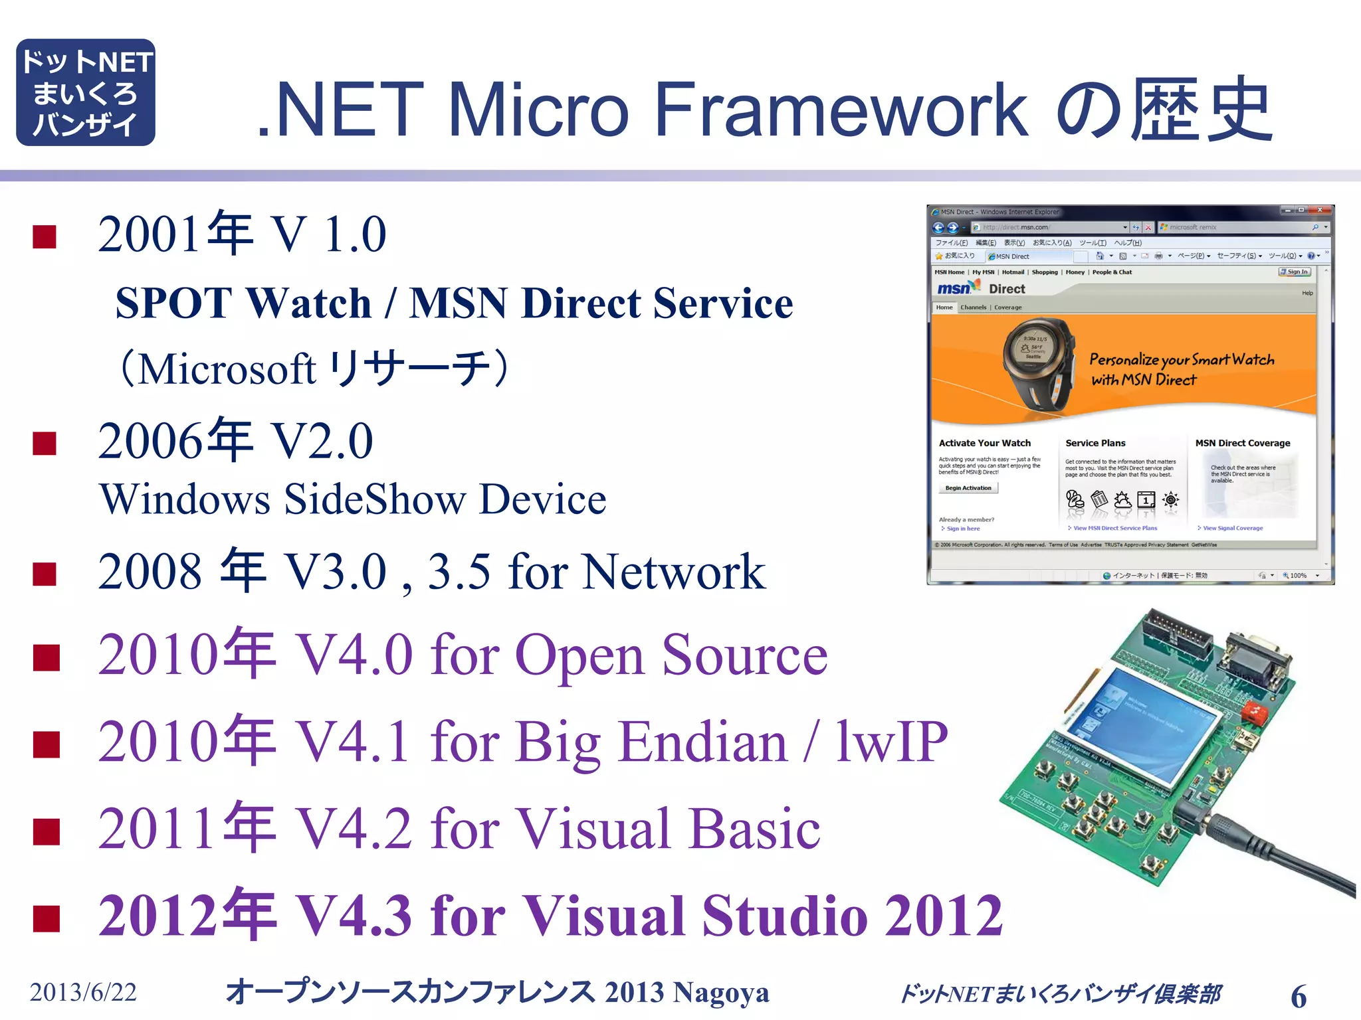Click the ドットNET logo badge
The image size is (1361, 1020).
pos(86,92)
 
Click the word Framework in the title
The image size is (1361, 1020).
pos(841,110)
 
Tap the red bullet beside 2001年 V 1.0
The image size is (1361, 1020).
pos(45,236)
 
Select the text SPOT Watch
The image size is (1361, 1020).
pos(243,303)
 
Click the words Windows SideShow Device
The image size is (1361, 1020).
pos(352,499)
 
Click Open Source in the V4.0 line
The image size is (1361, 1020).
pos(671,655)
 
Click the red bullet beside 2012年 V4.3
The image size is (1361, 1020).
pos(47,918)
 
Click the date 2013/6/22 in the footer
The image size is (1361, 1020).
pos(83,992)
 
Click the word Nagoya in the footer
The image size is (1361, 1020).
pos(720,993)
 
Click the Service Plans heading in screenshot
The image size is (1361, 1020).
pos(1095,443)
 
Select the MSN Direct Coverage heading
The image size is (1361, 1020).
pos(1242,443)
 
